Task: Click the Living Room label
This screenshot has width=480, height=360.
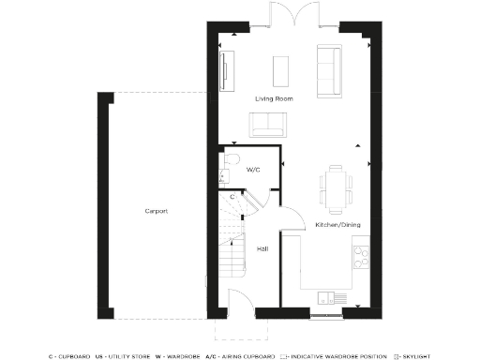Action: pos(275,97)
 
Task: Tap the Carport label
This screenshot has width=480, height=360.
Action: pos(156,211)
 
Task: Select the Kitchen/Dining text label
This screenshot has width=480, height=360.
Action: pos(335,225)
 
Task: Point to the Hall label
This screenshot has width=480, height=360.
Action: pos(263,248)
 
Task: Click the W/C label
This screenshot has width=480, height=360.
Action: pos(253,171)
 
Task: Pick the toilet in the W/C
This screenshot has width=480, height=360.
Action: pos(226,169)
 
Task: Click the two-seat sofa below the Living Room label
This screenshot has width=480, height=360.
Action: pos(267,123)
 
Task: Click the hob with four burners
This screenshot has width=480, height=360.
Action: pos(362,253)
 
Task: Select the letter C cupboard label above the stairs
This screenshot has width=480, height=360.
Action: pos(232,197)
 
